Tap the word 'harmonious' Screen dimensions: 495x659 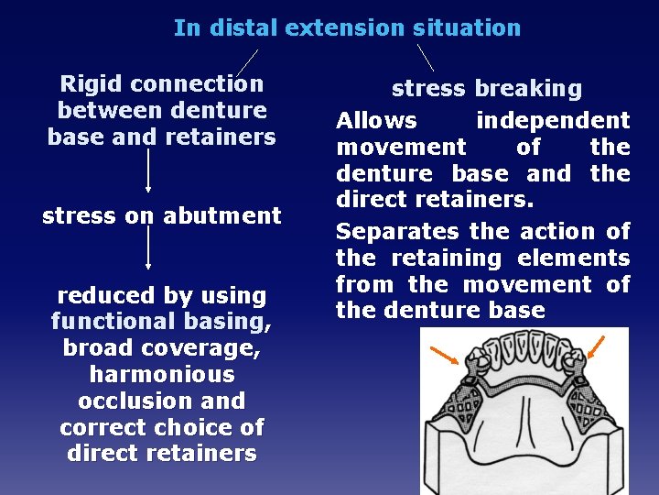coord(162,374)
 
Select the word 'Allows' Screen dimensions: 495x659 coord(376,120)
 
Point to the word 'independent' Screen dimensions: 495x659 coord(553,120)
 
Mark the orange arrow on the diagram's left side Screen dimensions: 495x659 coord(447,353)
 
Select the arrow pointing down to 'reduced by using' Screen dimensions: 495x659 coord(148,247)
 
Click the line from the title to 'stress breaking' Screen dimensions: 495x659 coord(426,57)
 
